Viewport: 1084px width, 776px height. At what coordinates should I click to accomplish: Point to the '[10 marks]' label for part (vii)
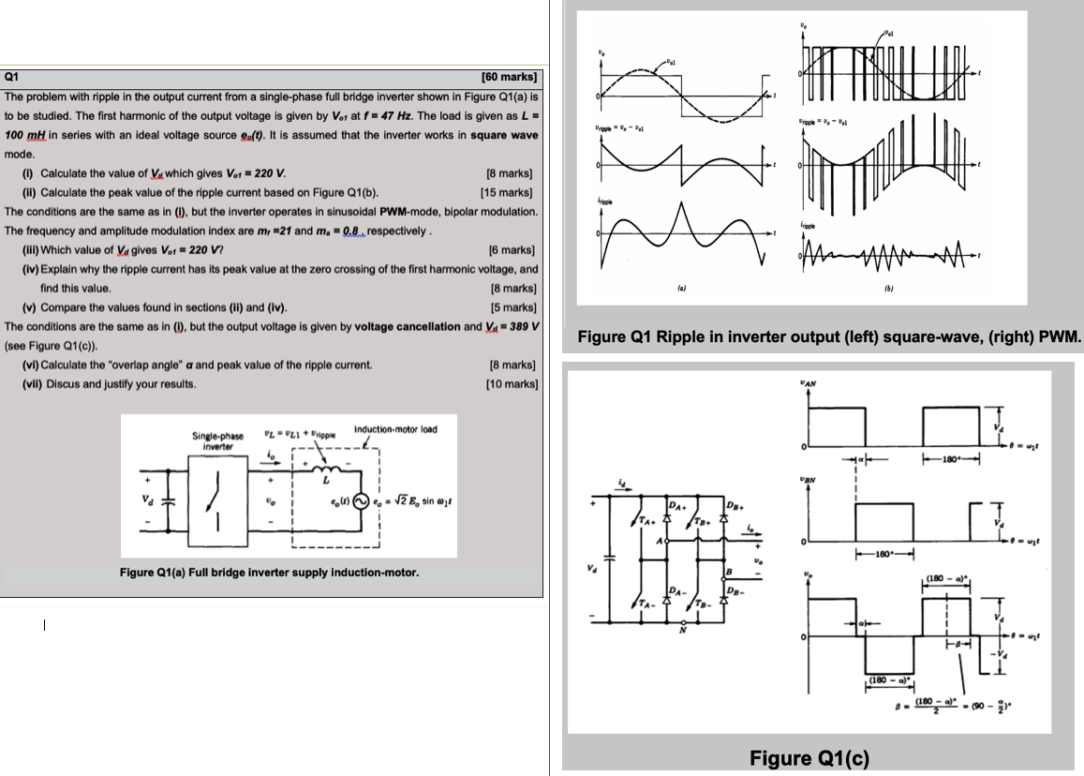pyautogui.click(x=512, y=383)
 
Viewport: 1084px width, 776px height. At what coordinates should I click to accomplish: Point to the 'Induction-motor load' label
pyautogui.click(x=395, y=429)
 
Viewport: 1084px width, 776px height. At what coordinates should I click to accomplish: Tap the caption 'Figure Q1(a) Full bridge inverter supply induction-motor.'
pyautogui.click(x=270, y=572)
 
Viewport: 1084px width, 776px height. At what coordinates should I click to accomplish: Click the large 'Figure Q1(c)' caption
pyautogui.click(x=809, y=757)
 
